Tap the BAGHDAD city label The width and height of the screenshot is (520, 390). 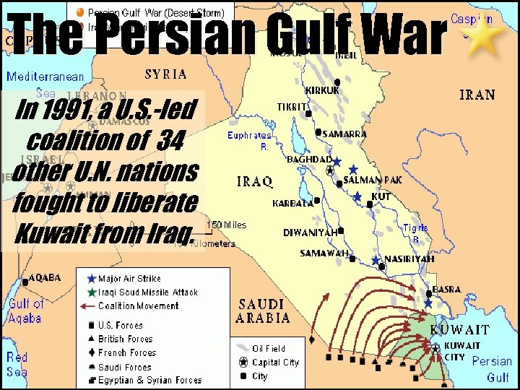309,159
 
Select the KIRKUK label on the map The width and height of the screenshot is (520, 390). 323,90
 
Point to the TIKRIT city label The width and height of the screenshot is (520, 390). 292,107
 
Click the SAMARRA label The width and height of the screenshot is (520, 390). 344,134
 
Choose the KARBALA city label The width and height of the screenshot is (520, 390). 292,204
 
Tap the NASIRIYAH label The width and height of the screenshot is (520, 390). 409,258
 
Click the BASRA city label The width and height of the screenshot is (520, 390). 446,290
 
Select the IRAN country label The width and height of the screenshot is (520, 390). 477,95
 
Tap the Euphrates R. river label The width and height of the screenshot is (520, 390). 249,140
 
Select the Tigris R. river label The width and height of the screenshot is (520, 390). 415,233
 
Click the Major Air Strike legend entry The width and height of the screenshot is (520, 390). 129,278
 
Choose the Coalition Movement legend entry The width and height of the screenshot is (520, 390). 138,305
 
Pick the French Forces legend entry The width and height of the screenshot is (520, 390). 127,352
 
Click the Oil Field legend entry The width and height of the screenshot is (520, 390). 268,349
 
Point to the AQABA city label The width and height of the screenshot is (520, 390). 45,277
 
